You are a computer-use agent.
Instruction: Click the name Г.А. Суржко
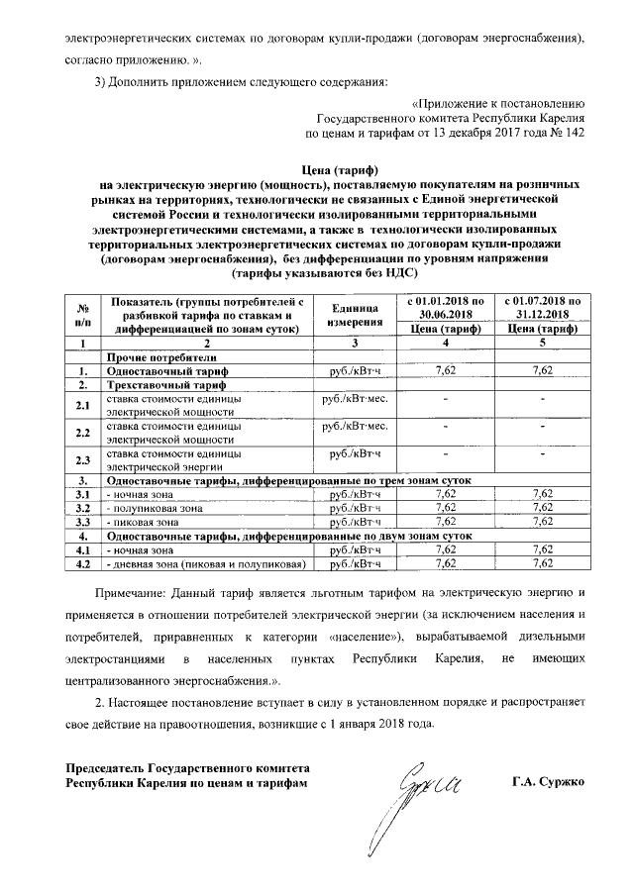[x=549, y=781]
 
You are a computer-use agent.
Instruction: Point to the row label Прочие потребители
[x=158, y=356]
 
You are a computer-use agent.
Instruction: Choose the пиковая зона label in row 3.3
[x=143, y=521]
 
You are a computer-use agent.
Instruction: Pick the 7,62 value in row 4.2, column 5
[x=541, y=563]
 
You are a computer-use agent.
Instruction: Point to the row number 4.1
[x=84, y=548]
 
